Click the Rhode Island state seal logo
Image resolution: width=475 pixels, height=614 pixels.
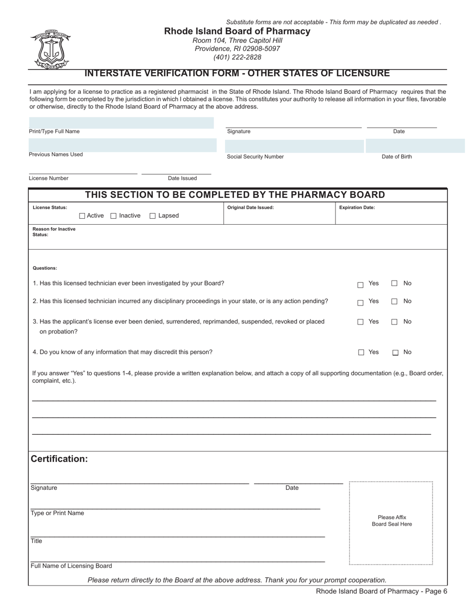click(x=50, y=49)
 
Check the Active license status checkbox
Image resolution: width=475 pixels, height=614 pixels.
click(x=82, y=216)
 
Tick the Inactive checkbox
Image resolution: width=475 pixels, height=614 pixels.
click(x=113, y=216)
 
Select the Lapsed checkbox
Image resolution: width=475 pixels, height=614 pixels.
click(x=153, y=216)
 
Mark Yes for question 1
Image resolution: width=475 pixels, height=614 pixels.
click(x=360, y=285)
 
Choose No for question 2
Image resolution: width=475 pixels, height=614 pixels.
click(x=394, y=302)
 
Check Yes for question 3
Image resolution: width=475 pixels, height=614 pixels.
click(x=360, y=322)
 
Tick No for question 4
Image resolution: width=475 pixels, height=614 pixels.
click(x=395, y=353)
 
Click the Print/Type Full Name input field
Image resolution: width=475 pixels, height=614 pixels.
click(x=121, y=123)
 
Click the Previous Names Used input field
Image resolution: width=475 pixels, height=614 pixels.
click(x=122, y=145)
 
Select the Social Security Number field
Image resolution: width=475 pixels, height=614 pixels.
click(x=294, y=146)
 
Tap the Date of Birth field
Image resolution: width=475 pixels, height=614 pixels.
click(x=415, y=146)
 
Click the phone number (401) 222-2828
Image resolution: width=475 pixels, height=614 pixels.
click(x=237, y=57)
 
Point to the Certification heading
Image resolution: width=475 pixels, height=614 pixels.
click(x=59, y=459)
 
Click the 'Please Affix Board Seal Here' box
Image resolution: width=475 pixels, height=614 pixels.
click(x=391, y=522)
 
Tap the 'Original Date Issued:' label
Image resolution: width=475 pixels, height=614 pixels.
click(x=250, y=208)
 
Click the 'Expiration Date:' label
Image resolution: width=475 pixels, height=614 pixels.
click(x=357, y=208)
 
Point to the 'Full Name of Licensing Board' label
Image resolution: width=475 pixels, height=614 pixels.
click(x=71, y=566)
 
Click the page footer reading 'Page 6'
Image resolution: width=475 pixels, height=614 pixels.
click(x=381, y=592)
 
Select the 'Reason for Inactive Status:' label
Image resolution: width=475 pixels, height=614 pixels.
click(x=54, y=232)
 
